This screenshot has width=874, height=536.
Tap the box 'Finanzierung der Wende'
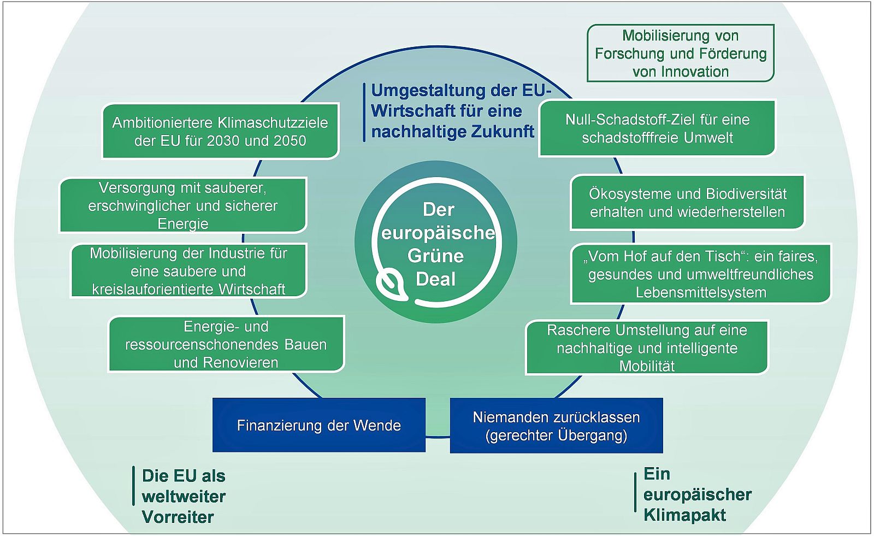tap(318, 425)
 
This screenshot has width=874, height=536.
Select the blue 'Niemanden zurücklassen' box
tap(556, 426)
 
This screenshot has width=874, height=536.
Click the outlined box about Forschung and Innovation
tap(681, 53)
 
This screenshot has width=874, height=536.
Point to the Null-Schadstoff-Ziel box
tap(657, 128)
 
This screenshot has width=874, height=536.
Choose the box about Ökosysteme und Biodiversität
tap(687, 203)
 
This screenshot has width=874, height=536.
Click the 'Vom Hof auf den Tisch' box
tap(700, 274)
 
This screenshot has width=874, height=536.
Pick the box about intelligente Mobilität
tap(647, 347)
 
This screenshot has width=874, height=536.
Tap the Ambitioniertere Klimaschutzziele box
tap(220, 131)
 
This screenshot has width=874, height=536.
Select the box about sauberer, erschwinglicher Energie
tap(183, 205)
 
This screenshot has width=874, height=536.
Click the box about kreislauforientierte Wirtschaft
tap(188, 271)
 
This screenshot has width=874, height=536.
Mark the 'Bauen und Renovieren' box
tap(226, 344)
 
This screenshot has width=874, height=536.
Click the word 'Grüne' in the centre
tap(435, 256)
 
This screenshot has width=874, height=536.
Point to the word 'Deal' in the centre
tap(435, 279)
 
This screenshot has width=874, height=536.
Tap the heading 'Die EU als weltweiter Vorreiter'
tap(184, 496)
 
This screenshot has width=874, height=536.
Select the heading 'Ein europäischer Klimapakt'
tap(697, 494)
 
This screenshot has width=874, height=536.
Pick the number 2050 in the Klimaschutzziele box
tap(287, 140)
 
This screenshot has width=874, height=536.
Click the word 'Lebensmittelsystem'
tap(700, 292)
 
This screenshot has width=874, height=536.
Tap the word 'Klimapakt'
tap(684, 515)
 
